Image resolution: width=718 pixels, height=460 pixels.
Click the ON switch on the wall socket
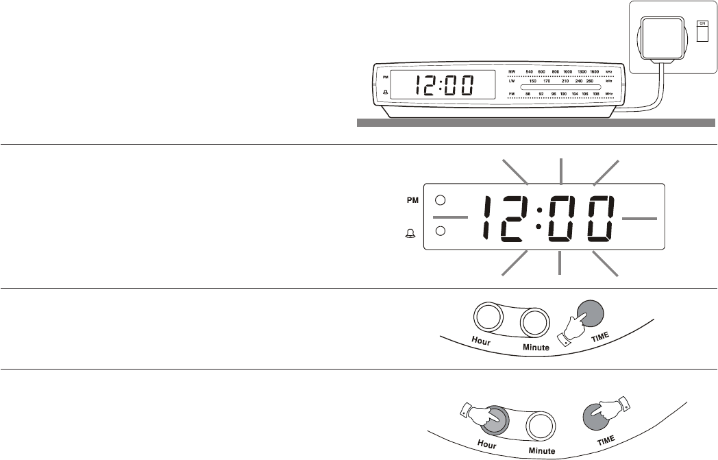[x=702, y=31]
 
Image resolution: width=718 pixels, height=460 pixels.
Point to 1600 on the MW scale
[x=595, y=71]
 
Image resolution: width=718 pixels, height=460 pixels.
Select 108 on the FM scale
[x=595, y=93]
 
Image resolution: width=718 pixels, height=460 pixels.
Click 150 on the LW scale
[x=533, y=82]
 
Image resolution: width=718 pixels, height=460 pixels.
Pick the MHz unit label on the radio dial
[x=608, y=93]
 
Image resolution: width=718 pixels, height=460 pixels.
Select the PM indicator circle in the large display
[x=441, y=201]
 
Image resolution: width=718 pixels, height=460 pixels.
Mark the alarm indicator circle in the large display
[x=441, y=230]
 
